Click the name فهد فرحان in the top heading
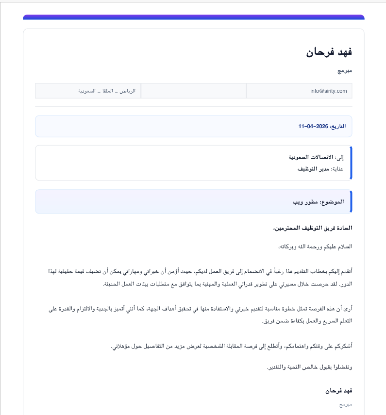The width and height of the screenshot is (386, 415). [x=329, y=52]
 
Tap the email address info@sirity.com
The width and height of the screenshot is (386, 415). [x=329, y=91]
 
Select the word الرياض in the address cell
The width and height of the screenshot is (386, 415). [x=128, y=91]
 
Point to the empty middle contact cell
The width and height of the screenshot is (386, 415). [x=193, y=91]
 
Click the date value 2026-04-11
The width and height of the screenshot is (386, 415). [x=314, y=126]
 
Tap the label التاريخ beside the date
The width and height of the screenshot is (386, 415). [x=338, y=126]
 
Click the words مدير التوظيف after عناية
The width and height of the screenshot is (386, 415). [x=314, y=169]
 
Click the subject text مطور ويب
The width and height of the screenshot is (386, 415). [x=305, y=201]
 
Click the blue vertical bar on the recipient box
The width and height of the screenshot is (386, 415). [x=351, y=163]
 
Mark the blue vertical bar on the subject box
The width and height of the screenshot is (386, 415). [x=351, y=201]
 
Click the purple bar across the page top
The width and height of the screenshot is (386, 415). [x=193, y=17]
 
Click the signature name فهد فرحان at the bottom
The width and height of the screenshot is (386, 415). [x=338, y=390]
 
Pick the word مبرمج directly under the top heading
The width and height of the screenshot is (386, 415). [x=345, y=71]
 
